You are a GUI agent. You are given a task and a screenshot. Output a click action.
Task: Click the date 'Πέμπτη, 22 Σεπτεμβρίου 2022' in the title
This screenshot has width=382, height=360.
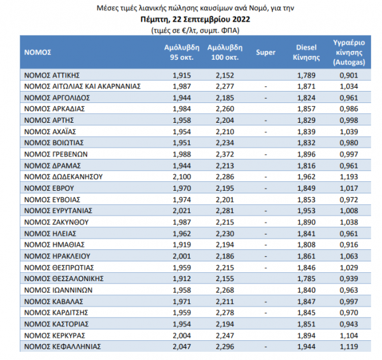(195, 19)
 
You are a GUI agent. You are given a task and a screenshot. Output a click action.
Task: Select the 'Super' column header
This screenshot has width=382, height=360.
(265, 52)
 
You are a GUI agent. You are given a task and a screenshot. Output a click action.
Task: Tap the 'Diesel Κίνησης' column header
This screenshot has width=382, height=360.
(306, 52)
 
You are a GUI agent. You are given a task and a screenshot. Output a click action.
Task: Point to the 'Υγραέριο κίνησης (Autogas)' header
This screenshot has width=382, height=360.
(349, 52)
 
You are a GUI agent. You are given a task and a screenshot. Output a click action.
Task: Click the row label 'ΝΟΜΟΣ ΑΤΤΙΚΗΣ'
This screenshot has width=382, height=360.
(52, 75)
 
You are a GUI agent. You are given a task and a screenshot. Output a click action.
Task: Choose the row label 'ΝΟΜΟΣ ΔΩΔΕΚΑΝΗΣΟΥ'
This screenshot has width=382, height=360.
(63, 177)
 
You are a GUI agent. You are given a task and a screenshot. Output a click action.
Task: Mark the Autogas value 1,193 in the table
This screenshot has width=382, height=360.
(349, 177)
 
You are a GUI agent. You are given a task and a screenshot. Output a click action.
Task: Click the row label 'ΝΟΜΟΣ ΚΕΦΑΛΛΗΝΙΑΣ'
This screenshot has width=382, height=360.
(62, 347)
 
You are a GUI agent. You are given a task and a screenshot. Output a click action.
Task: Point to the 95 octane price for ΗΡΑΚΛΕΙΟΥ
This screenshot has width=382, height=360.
(181, 256)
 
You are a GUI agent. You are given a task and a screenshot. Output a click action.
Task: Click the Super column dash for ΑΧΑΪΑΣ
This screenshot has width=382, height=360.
(265, 132)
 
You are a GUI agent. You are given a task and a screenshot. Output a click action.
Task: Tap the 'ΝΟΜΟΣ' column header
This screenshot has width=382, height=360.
(38, 52)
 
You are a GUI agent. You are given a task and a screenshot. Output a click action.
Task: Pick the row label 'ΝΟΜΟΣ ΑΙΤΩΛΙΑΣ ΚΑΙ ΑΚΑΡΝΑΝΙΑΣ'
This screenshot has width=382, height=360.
(82, 87)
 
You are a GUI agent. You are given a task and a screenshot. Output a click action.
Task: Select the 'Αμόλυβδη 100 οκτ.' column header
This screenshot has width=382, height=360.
(225, 52)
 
